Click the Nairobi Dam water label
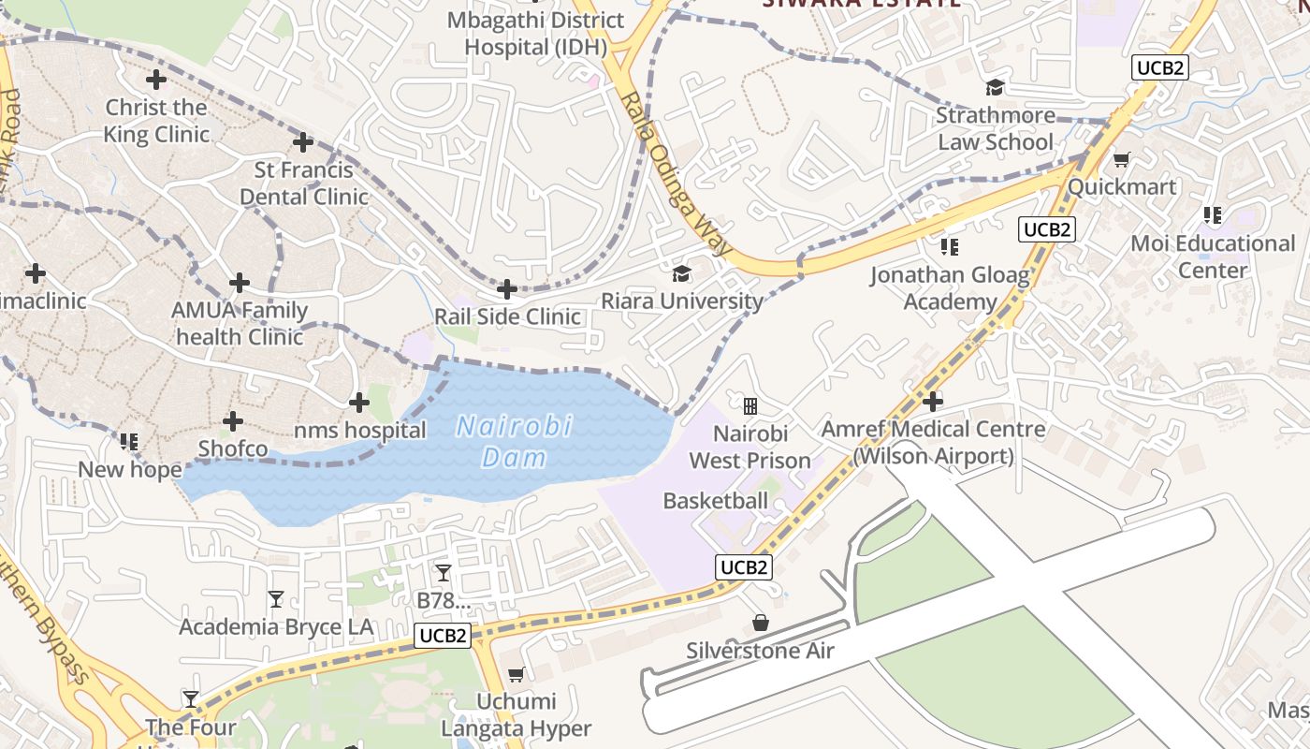click(x=513, y=442)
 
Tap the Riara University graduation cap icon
click(x=681, y=273)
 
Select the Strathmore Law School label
click(x=995, y=129)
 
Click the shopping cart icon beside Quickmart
click(x=1121, y=160)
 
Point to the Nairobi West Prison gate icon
click(x=750, y=405)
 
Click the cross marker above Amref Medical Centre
click(x=932, y=402)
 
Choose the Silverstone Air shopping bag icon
click(x=761, y=623)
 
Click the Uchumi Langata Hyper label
click(x=517, y=714)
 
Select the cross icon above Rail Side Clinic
click(x=506, y=289)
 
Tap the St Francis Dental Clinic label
click(x=304, y=184)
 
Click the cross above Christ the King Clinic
click(x=156, y=80)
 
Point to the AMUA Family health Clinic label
click(x=240, y=323)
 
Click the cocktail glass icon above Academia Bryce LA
click(x=275, y=598)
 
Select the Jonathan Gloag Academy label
click(x=949, y=288)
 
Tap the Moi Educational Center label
click(x=1213, y=257)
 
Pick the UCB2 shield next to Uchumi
click(x=443, y=636)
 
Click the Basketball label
click(x=715, y=501)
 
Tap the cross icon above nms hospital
click(x=359, y=403)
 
